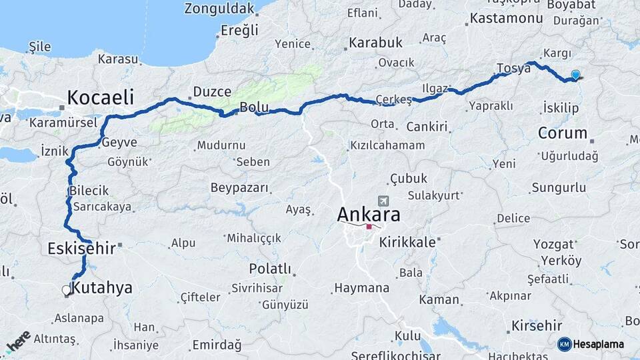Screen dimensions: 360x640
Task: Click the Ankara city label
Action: pos(369,214)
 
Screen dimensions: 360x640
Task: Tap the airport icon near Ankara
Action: pos(383,201)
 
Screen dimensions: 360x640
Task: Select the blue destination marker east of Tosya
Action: pos(575,76)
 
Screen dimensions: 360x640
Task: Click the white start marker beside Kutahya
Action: pos(66,290)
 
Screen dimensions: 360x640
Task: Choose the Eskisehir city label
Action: pos(81,249)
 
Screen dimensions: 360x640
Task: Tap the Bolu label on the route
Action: pos(254,107)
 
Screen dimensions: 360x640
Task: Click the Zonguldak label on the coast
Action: pos(219,9)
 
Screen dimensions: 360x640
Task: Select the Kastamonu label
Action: pos(506,18)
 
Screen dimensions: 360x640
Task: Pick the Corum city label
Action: pos(562,133)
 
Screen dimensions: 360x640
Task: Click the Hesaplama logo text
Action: pos(599,344)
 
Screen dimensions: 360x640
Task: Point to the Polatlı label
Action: pos(270,269)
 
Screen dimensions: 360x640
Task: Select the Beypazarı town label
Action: pos(239,188)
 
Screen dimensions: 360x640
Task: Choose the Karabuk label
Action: pos(375,43)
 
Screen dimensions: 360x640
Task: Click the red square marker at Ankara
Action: pos(369,227)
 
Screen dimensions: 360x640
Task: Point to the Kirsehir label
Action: pos(537,326)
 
